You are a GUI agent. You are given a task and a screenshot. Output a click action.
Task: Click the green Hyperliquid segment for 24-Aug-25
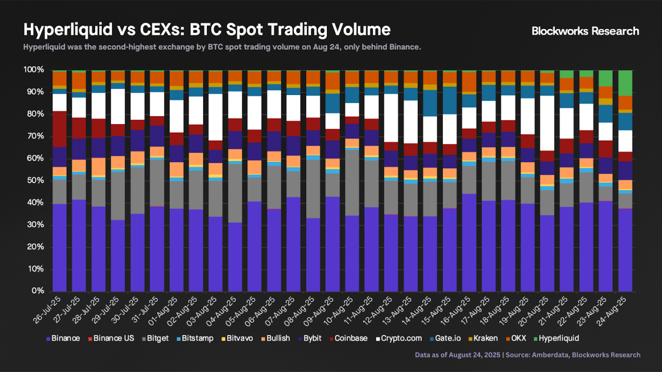click(625, 83)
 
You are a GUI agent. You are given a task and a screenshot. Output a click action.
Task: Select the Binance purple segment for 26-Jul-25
click(60, 248)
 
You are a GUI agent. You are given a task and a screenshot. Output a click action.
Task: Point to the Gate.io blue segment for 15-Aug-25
click(450, 100)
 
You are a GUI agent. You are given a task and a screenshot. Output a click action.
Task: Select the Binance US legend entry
click(114, 338)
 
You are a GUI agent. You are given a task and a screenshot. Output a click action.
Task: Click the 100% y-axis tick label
click(33, 70)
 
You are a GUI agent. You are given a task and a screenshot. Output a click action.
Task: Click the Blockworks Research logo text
click(585, 31)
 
